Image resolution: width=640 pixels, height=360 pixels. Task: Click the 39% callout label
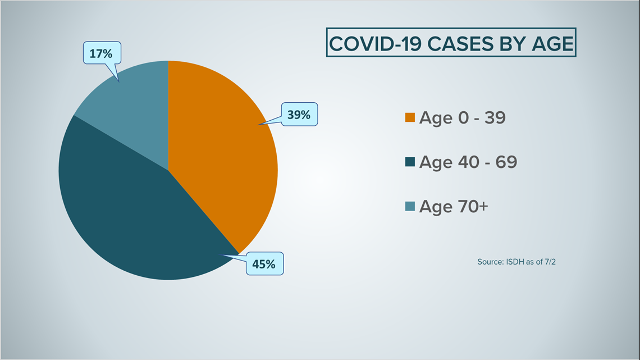tap(299, 114)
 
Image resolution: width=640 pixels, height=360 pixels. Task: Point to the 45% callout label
tap(264, 263)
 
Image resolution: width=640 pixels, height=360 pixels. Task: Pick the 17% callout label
tap(101, 53)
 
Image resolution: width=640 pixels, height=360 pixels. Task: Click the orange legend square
tap(410, 117)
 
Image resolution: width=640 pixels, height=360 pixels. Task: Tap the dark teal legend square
tap(410, 162)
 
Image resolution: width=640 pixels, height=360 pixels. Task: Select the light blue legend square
tap(410, 206)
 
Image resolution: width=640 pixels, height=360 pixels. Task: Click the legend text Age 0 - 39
tap(463, 118)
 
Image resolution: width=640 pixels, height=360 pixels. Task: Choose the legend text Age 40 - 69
tap(468, 162)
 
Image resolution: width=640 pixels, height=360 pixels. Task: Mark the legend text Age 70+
tap(454, 207)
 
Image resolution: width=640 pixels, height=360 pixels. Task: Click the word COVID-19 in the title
tap(375, 44)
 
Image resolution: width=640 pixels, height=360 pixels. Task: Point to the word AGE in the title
tap(552, 44)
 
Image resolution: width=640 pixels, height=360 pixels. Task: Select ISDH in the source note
tap(515, 262)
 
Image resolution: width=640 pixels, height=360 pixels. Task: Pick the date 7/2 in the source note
tap(550, 262)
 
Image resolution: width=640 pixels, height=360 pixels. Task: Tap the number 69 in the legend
tap(506, 162)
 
